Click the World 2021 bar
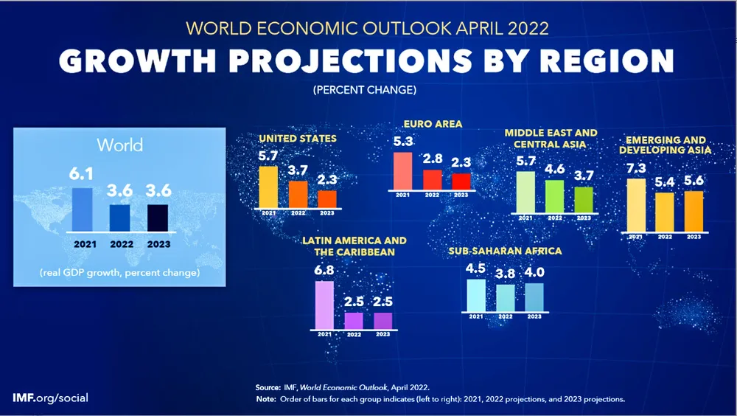(x=83, y=209)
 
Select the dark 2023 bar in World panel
(x=157, y=218)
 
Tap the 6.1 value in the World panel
(x=83, y=174)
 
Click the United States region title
(x=297, y=138)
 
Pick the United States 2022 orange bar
(x=298, y=194)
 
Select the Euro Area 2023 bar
(x=461, y=181)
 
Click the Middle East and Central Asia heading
(x=551, y=138)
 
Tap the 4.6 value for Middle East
(x=554, y=168)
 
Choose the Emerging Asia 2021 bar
(x=635, y=204)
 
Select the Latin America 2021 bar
(x=324, y=304)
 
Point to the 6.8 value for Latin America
(x=324, y=270)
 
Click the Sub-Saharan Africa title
(x=505, y=251)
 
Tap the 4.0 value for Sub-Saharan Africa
(x=534, y=271)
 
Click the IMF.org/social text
(x=50, y=398)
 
